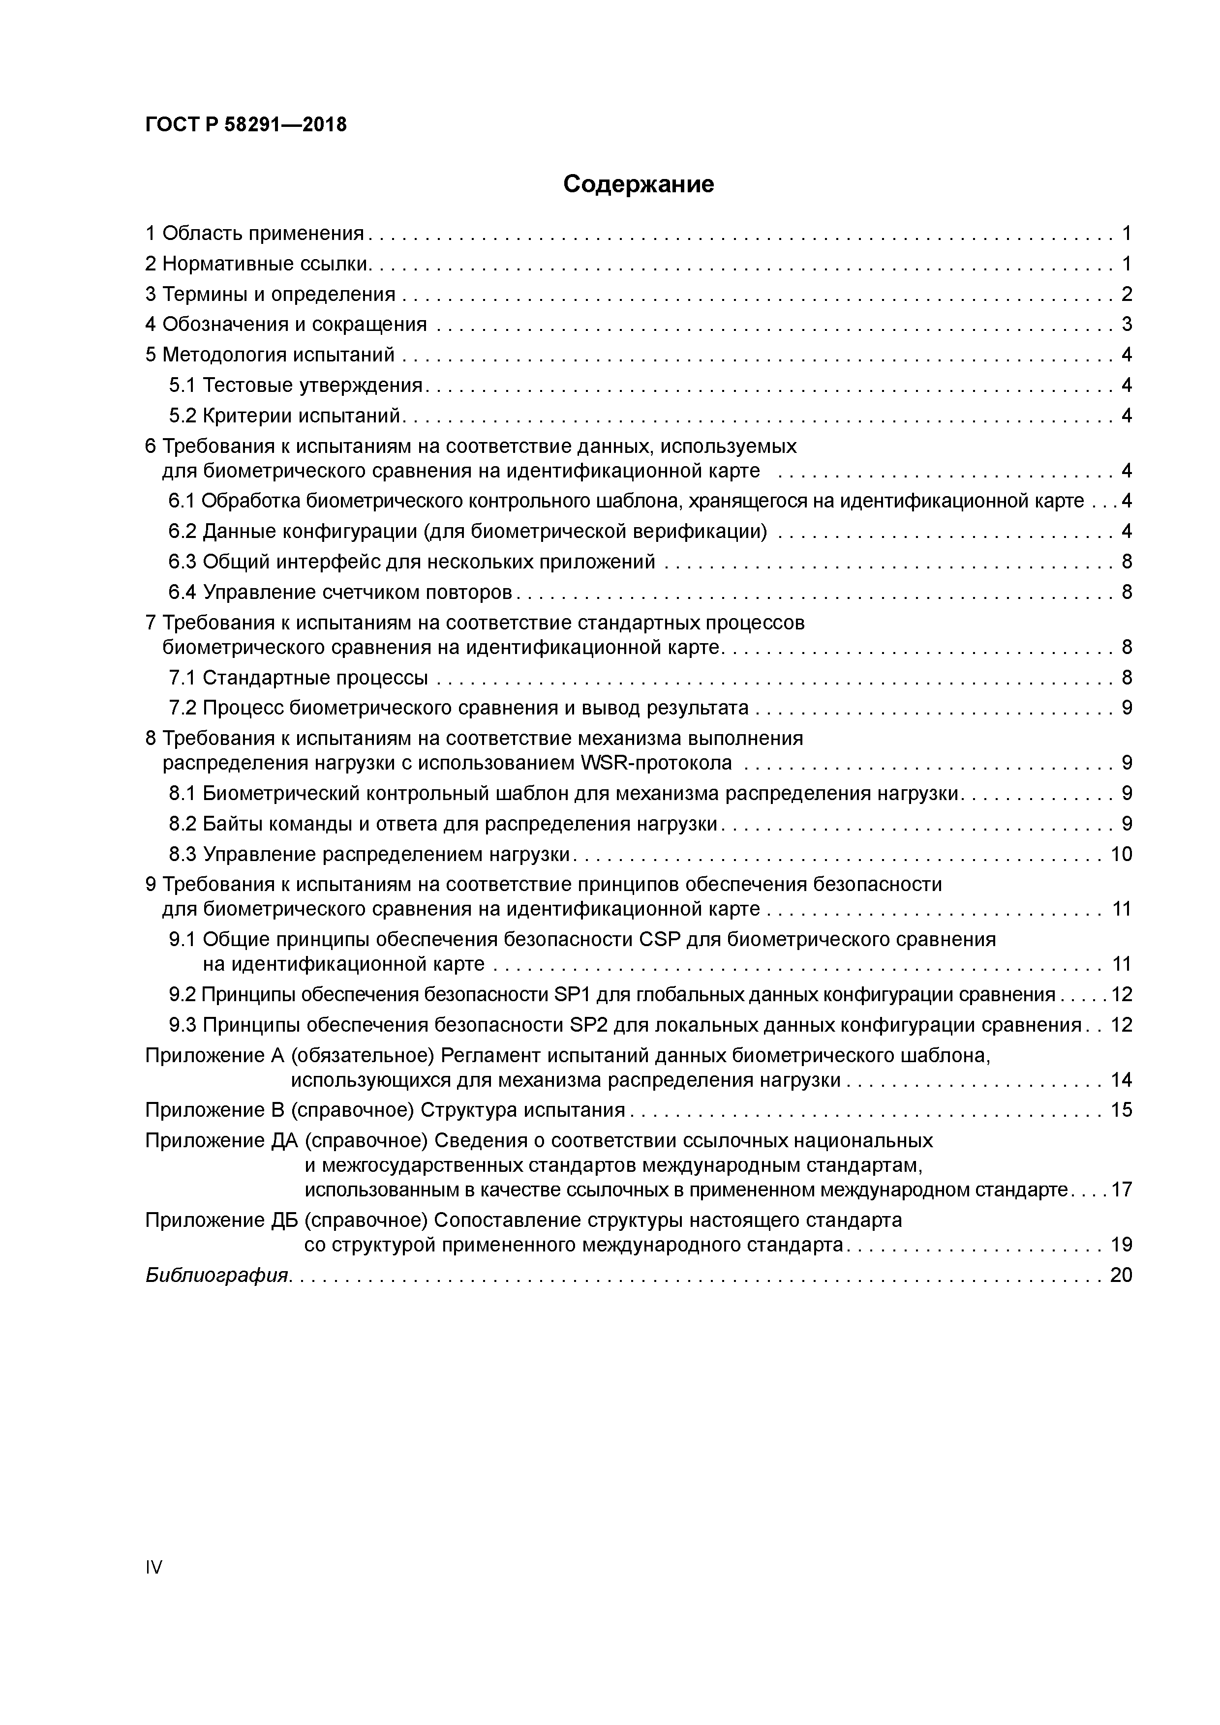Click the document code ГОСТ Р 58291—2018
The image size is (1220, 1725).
coord(246,125)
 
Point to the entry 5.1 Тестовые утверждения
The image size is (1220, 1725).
coord(296,386)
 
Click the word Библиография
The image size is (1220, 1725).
coord(216,1275)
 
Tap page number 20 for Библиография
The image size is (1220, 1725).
coord(1121,1275)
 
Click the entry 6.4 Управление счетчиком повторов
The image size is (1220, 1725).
coord(340,592)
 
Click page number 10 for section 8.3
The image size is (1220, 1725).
coord(1121,854)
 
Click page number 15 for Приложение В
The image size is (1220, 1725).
coord(1121,1110)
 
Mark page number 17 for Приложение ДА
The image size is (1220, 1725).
coord(1121,1190)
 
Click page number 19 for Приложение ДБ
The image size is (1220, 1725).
coord(1121,1245)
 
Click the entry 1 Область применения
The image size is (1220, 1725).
coord(254,234)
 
